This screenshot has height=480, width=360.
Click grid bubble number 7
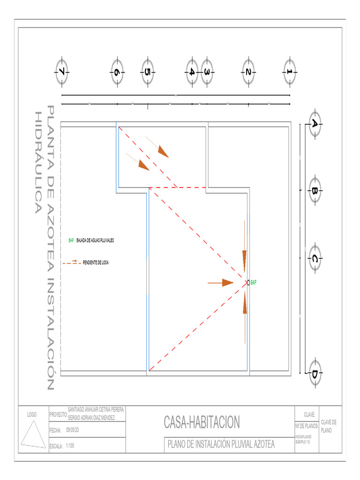point(62,72)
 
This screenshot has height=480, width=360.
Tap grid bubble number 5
point(148,72)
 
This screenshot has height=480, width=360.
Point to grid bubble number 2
point(248,72)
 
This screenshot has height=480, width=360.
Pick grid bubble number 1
point(290,72)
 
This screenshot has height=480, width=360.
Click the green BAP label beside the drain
point(254,283)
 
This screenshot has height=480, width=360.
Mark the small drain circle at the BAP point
point(247,282)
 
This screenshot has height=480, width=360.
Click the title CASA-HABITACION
point(202,422)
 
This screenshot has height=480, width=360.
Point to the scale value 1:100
point(70,446)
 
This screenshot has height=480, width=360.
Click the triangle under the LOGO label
point(32,434)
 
